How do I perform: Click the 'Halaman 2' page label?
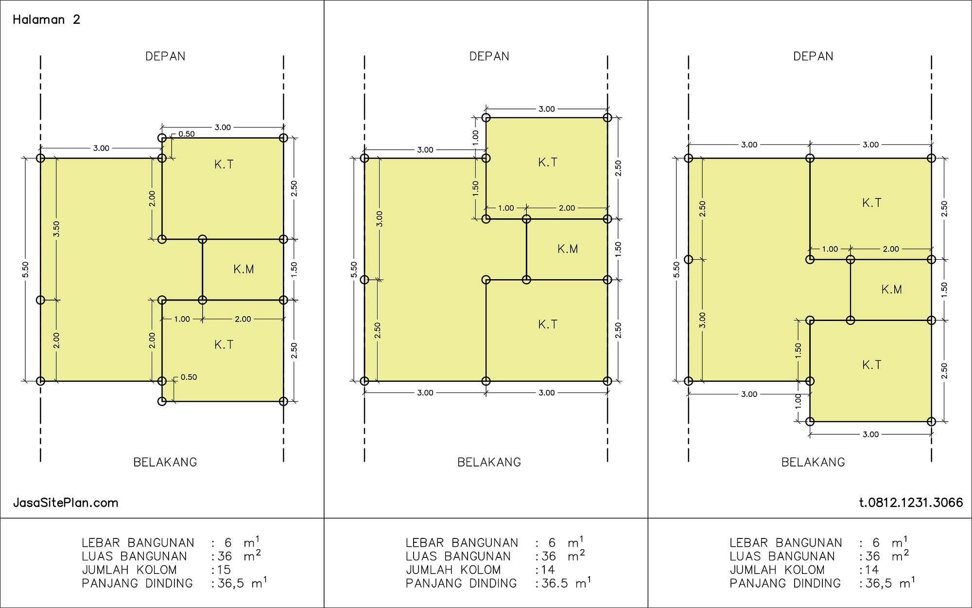46,19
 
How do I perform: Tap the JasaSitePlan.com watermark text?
66,502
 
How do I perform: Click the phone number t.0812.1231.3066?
911,502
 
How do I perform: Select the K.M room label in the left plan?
243,269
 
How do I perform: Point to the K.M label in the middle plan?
568,249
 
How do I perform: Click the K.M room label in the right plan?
891,289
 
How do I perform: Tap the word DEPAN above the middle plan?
489,56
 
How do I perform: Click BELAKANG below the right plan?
813,462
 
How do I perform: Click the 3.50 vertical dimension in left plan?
56,228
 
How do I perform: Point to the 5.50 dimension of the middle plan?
354,269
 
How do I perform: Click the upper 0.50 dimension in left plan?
186,134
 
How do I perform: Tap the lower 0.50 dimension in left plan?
189,377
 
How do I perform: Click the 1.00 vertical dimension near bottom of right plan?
798,401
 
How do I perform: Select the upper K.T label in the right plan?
871,203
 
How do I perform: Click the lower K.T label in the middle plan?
547,324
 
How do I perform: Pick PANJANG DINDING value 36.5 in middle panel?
555,583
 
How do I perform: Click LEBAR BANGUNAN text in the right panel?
785,542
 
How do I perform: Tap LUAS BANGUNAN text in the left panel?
134,556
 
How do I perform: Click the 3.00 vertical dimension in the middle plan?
380,218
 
